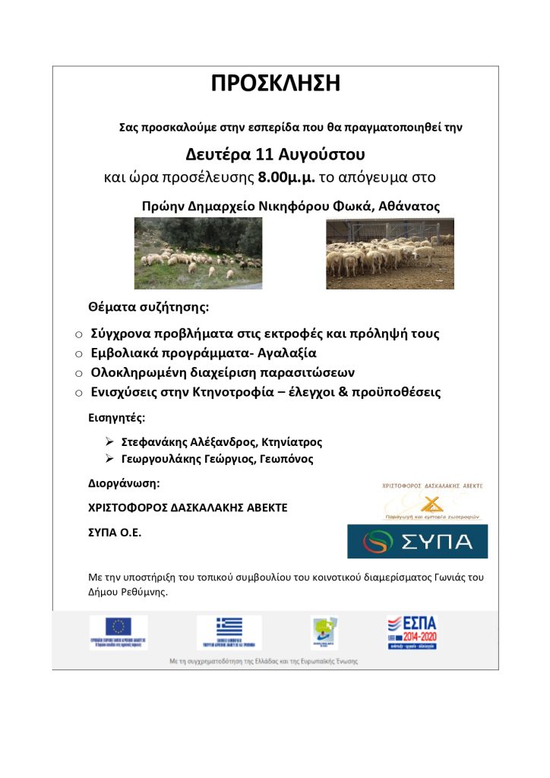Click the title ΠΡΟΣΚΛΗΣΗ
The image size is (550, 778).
click(x=275, y=84)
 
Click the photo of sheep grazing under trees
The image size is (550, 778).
click(x=198, y=253)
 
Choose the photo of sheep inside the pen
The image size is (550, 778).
click(x=390, y=253)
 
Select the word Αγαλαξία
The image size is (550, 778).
click(x=286, y=353)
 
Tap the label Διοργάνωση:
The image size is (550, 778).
click(x=125, y=483)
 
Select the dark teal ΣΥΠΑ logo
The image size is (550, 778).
click(x=417, y=541)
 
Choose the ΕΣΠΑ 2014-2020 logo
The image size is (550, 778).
click(x=412, y=631)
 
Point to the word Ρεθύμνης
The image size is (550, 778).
click(x=140, y=592)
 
